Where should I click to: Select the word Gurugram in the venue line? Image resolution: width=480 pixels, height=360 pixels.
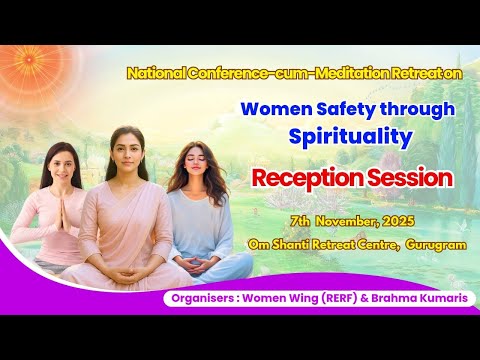tap(436, 243)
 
